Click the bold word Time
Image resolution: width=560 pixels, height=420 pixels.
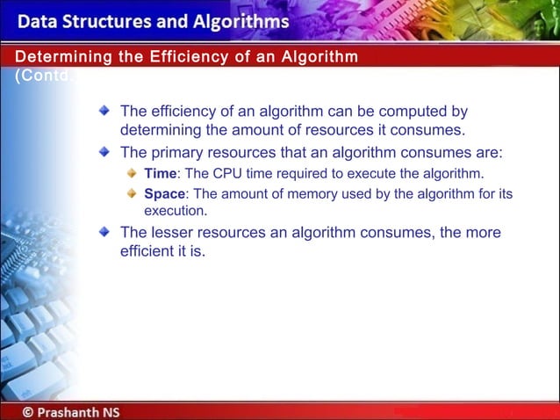(x=160, y=173)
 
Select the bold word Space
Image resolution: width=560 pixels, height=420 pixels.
(x=164, y=193)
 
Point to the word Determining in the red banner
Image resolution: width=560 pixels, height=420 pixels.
(x=56, y=58)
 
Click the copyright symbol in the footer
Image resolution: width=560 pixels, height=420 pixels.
(x=30, y=411)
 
